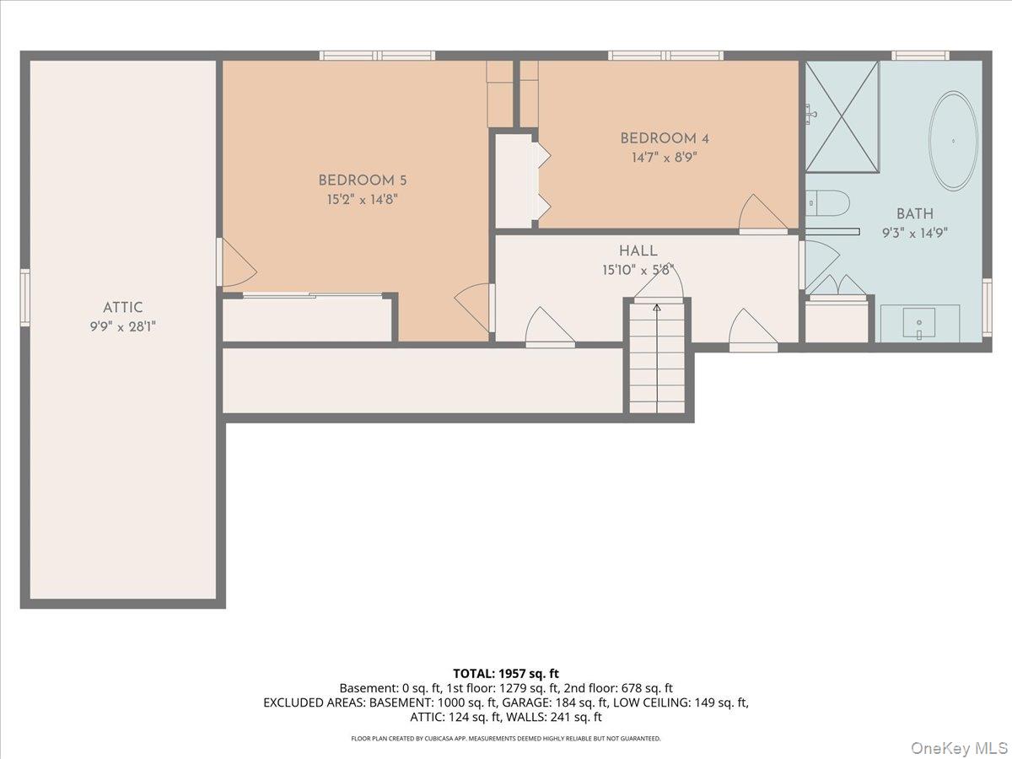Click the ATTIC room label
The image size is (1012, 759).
tap(123, 308)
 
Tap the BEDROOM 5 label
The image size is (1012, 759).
tap(356, 180)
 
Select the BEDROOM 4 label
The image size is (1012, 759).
tap(659, 138)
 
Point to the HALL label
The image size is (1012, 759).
tap(638, 250)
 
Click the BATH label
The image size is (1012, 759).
tap(915, 214)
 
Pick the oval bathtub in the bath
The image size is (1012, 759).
tap(954, 140)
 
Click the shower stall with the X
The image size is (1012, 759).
tap(842, 116)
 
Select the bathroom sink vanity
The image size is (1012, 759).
tap(920, 323)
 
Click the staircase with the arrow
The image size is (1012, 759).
tap(657, 359)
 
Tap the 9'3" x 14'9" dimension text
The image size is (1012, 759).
tap(915, 234)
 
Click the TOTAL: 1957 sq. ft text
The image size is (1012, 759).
tap(506, 673)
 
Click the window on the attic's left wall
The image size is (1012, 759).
tap(25, 298)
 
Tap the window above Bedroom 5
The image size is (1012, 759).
tap(377, 56)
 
